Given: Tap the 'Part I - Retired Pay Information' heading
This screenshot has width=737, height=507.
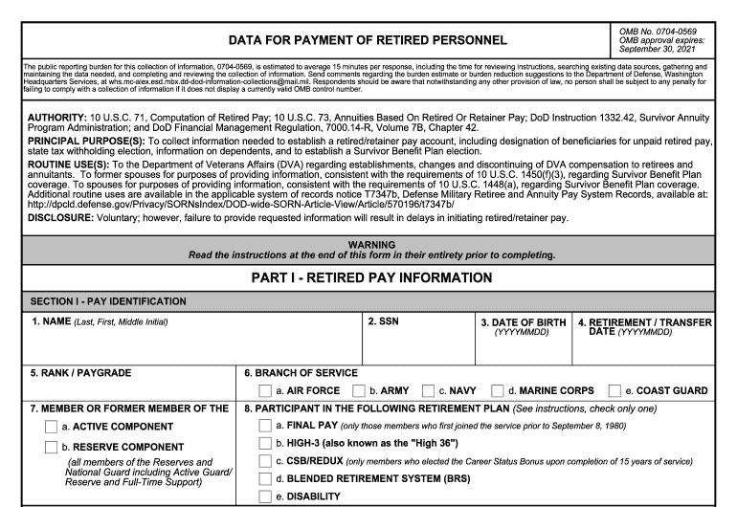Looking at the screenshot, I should point(368,277).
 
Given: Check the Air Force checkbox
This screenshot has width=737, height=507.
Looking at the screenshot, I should point(266,390).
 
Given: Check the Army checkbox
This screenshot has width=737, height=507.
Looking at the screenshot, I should point(359,390).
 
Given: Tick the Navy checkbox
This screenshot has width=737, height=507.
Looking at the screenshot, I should point(429,390).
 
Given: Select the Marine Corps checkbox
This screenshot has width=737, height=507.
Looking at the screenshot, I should point(498,390).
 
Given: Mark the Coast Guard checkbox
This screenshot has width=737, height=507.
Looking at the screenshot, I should point(614,390).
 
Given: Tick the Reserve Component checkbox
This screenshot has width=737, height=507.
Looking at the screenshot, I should point(52,447).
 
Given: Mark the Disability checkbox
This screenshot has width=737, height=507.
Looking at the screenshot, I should point(266,497).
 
